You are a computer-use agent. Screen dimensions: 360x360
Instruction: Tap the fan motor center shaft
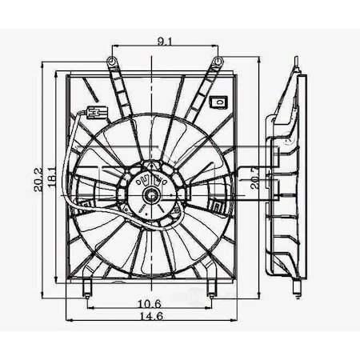(x=150, y=194)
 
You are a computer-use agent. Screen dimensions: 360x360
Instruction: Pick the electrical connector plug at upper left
(x=95, y=111)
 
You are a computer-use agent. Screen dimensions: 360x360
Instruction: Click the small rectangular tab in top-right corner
(x=217, y=102)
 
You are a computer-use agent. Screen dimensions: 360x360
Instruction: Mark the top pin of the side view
(x=296, y=63)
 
